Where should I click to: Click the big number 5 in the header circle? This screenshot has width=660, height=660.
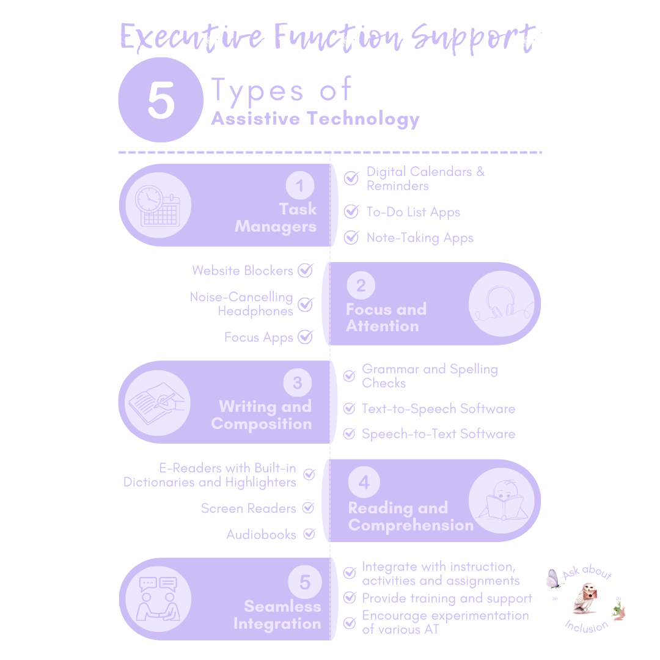pyautogui.click(x=161, y=101)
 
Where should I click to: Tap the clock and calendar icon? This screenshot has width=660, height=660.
pyautogui.click(x=156, y=205)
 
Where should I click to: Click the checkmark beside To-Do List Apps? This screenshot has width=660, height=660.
pyautogui.click(x=351, y=212)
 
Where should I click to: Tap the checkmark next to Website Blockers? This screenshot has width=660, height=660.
pyautogui.click(x=305, y=270)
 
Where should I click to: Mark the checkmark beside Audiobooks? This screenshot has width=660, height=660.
pyautogui.click(x=309, y=534)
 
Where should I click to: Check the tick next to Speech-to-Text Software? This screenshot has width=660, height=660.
pyautogui.click(x=349, y=434)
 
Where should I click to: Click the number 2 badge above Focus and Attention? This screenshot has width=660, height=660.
pyautogui.click(x=361, y=285)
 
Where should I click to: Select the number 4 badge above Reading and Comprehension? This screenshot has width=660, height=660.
pyautogui.click(x=364, y=483)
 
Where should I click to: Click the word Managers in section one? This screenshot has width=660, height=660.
pyautogui.click(x=276, y=227)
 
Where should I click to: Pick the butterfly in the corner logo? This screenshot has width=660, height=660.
pyautogui.click(x=553, y=578)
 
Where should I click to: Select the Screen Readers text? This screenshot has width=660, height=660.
pyautogui.click(x=248, y=508)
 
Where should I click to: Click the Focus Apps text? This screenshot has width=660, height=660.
pyautogui.click(x=258, y=337)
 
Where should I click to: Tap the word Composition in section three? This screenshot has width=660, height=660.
pyautogui.click(x=262, y=424)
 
